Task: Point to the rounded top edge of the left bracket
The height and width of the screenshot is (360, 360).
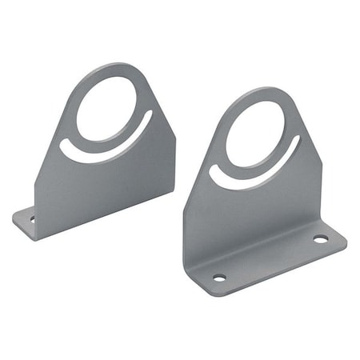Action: [120, 66]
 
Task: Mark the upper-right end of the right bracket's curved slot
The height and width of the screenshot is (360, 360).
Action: [298, 142]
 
